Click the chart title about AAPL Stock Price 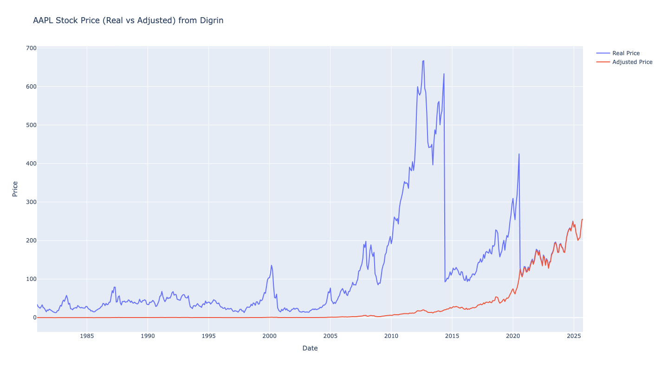128,20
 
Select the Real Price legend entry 626,53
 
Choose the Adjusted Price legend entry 632,62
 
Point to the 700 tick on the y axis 32,48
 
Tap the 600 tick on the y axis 32,87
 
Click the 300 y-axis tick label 32,202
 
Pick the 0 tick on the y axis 34,318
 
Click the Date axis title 310,348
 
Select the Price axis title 15,189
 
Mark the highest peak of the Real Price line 423,61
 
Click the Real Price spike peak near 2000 272,265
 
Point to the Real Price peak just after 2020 519,154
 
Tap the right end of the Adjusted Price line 583,219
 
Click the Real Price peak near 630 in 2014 444,74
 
